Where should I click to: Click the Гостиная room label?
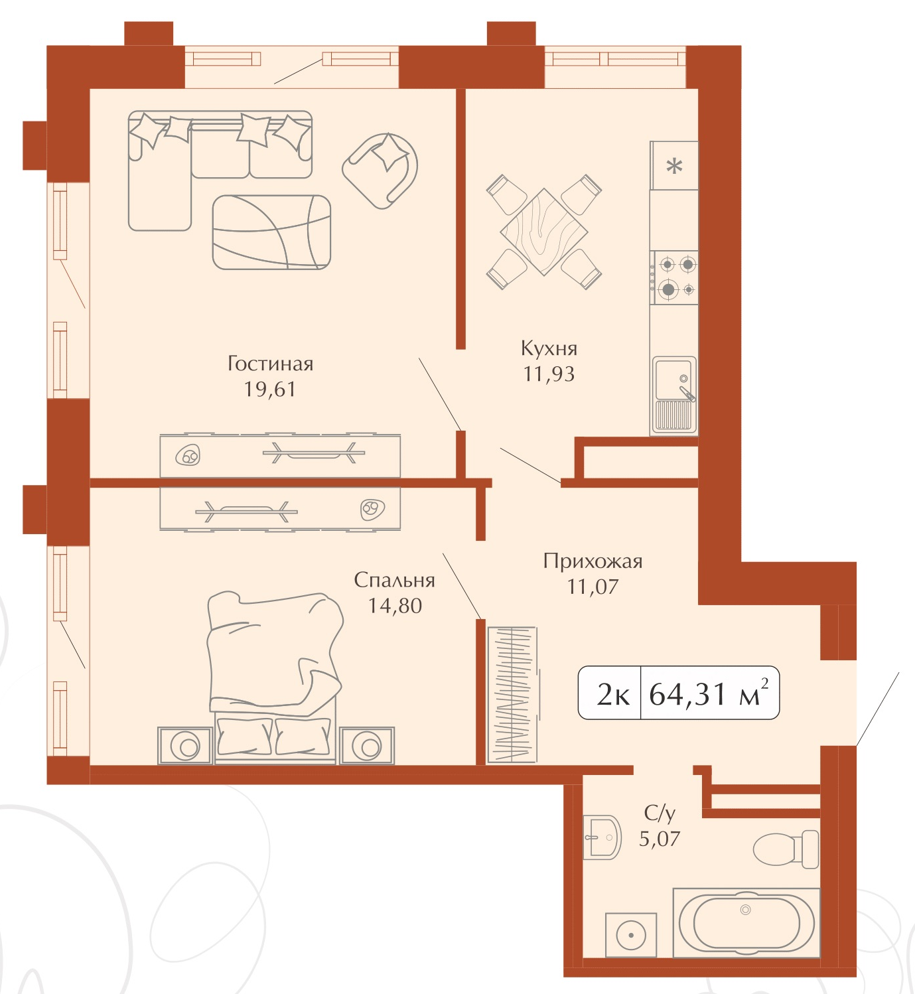(270, 364)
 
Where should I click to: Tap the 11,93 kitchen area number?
(549, 374)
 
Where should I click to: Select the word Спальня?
(394, 580)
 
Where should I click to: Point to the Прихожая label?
(593, 561)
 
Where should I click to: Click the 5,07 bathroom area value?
(660, 839)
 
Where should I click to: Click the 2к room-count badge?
(613, 694)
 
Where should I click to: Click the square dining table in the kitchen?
(543, 232)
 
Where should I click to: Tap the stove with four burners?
(675, 277)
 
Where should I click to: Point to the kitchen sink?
(674, 395)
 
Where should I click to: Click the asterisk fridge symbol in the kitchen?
(674, 167)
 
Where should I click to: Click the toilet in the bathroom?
(786, 849)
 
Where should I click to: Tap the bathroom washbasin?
(602, 837)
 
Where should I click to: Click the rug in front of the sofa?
(271, 232)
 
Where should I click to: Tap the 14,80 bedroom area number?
(395, 606)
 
